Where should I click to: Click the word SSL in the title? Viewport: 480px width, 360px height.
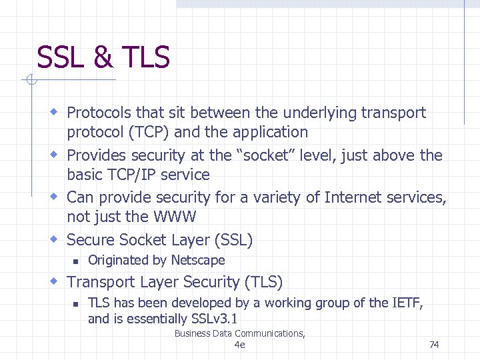(61, 57)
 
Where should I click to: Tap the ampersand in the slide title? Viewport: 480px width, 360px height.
(103, 57)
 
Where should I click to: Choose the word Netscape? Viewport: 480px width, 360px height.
(198, 260)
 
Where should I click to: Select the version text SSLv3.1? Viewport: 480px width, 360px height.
(213, 319)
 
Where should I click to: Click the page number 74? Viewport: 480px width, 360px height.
(434, 345)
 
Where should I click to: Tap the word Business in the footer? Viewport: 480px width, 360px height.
(194, 333)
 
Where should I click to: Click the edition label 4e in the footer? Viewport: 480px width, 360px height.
(240, 345)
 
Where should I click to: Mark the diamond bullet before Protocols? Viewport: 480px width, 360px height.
(56, 112)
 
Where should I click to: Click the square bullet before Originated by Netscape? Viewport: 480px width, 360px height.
(77, 261)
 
